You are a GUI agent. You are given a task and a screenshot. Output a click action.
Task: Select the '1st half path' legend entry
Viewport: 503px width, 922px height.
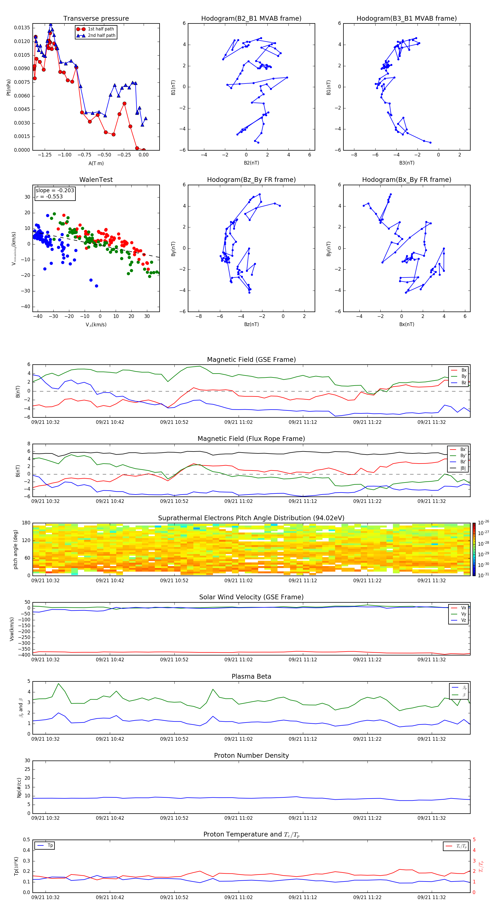click(x=101, y=29)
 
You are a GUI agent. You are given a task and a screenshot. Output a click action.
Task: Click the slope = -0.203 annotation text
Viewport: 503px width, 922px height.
click(x=55, y=191)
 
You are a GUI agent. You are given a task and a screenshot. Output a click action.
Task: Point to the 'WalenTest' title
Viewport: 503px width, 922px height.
click(x=96, y=180)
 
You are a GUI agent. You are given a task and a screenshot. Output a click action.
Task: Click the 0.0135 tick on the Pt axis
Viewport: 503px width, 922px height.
click(x=22, y=28)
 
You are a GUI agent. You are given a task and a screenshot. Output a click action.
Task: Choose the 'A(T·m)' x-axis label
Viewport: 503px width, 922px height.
click(x=96, y=163)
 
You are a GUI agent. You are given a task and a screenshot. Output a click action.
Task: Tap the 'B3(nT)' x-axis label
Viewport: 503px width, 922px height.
click(x=407, y=163)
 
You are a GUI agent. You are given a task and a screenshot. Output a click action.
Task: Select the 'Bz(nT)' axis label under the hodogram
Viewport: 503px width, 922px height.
click(x=251, y=324)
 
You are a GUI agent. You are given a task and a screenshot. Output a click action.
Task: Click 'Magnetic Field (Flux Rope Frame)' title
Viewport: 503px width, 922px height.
click(x=251, y=439)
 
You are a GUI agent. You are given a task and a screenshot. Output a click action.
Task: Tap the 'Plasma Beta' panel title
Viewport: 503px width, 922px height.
click(x=251, y=676)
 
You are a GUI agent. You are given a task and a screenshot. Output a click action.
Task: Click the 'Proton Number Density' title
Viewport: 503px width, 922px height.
click(x=251, y=755)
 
